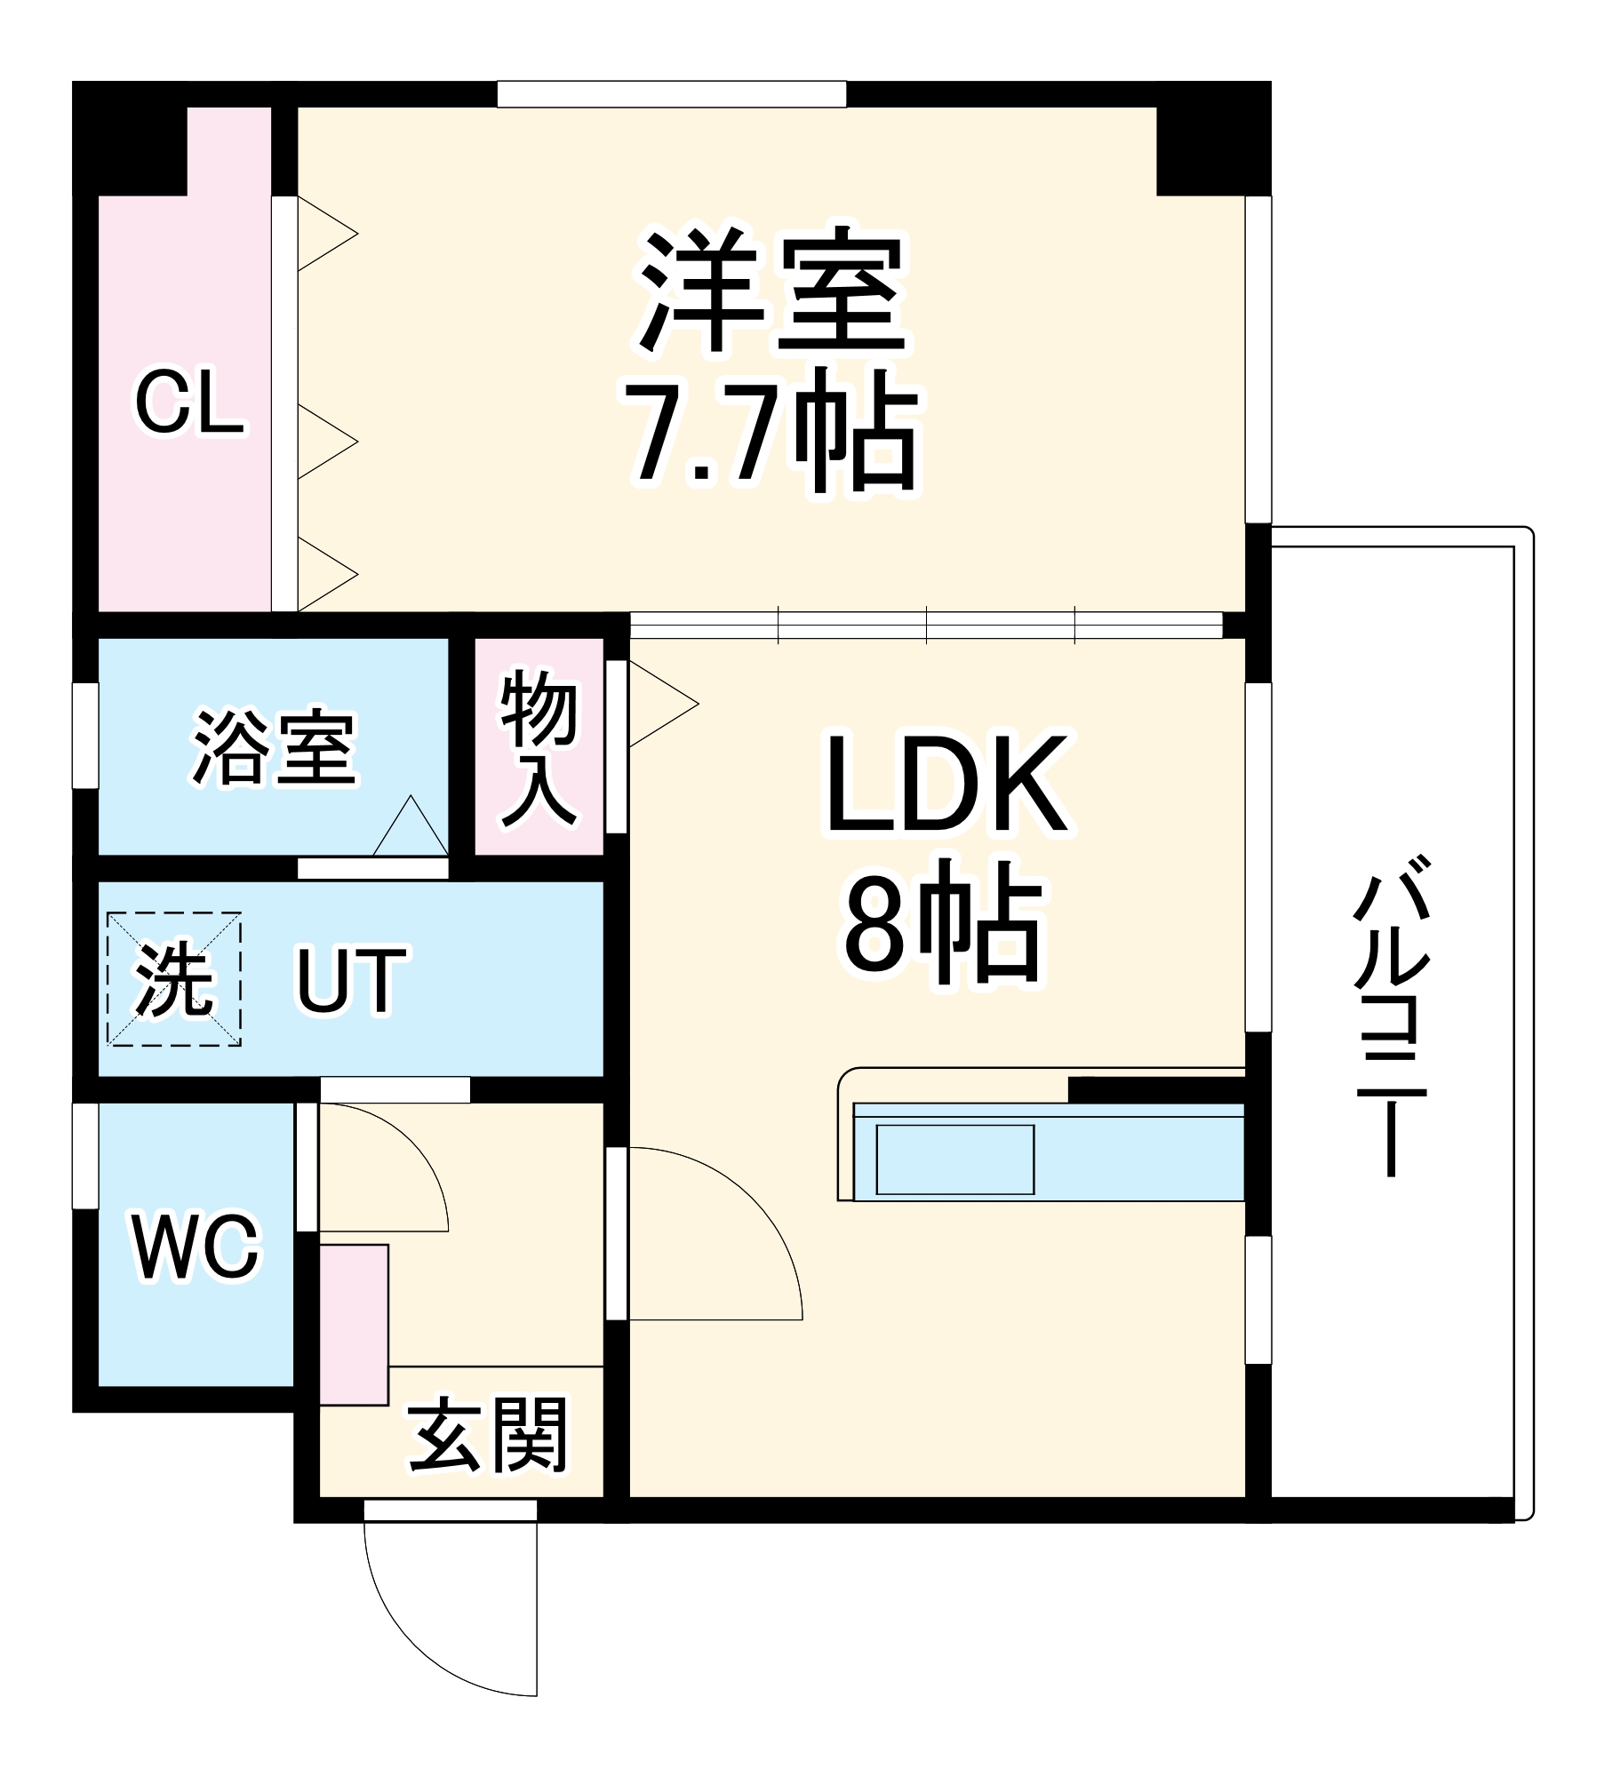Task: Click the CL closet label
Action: tap(189, 403)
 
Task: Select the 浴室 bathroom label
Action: tap(275, 747)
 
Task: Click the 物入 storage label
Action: tap(539, 748)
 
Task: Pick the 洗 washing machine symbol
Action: tap(174, 978)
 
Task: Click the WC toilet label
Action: tap(196, 1247)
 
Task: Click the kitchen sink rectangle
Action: tap(955, 1160)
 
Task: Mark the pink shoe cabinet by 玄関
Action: tap(354, 1325)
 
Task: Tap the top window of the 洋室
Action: tap(671, 94)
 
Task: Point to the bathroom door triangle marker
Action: tap(410, 827)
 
